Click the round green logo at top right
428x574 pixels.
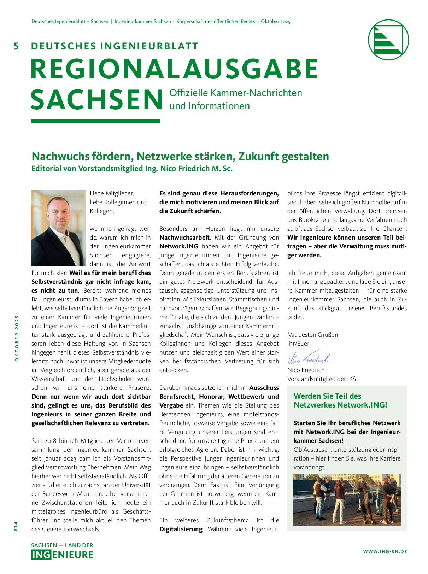[388, 40]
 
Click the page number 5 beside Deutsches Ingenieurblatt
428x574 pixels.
[16, 46]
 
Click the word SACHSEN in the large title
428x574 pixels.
[96, 100]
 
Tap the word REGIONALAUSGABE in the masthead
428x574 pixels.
[175, 69]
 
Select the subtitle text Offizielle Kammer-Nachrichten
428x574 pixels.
[236, 93]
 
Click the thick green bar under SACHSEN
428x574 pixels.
[95, 121]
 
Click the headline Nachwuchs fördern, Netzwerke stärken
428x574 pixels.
[180, 156]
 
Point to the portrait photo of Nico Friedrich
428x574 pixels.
[58, 228]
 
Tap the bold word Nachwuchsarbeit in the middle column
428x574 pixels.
[184, 238]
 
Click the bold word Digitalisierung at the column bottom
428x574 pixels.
[181, 529]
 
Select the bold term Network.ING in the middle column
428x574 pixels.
[179, 246]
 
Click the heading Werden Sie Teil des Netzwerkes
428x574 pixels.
[340, 400]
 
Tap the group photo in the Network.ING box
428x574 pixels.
[347, 500]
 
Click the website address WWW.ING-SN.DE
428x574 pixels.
[385, 551]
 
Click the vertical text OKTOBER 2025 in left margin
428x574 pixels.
[17, 338]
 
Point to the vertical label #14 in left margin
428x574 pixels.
[16, 526]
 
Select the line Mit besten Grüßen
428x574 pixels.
[312, 335]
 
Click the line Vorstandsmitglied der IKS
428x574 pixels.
[321, 379]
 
